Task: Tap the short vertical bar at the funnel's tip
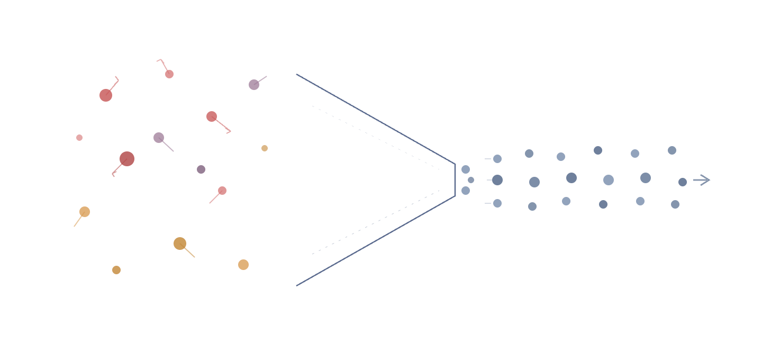pos(455,180)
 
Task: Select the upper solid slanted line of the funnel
pos(376,119)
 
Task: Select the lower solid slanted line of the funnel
pos(376,241)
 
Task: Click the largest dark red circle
pos(127,159)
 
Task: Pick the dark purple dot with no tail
pos(201,169)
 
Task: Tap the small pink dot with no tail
pos(79,138)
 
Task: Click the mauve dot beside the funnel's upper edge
pos(254,85)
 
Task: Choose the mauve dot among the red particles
pos(159,138)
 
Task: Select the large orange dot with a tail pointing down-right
pos(180,244)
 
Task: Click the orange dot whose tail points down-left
pos(85,212)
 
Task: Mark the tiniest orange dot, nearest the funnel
pos(265,148)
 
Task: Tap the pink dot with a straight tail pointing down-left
pos(222,191)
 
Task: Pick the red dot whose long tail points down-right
pos(212,116)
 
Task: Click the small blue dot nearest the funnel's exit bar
pos(471,180)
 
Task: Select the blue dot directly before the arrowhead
pos(683,182)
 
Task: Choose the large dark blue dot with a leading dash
pos(497,180)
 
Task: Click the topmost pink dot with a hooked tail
pos(169,74)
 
